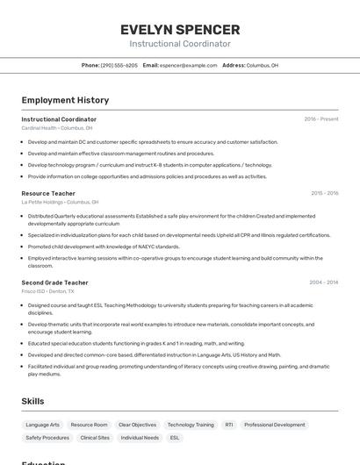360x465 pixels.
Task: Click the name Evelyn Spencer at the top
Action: click(x=180, y=30)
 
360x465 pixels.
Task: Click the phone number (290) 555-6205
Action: click(x=119, y=65)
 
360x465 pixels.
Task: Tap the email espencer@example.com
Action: click(x=188, y=65)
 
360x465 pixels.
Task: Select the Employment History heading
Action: click(x=65, y=100)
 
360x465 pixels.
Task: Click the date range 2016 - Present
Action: click(x=320, y=119)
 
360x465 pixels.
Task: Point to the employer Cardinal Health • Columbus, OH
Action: click(x=56, y=128)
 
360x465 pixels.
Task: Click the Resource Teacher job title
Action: click(x=48, y=193)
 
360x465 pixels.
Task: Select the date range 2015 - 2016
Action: click(x=324, y=193)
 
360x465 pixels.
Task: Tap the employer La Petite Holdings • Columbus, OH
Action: click(x=60, y=202)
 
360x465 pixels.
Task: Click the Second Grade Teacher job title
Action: click(x=54, y=283)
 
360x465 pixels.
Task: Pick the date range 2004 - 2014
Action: click(x=323, y=283)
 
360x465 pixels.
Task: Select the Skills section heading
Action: click(x=32, y=401)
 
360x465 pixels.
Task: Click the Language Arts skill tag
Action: click(x=43, y=425)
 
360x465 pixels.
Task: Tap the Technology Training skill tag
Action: click(x=191, y=425)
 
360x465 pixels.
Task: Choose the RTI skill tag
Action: click(x=229, y=425)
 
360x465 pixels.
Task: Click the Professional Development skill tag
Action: click(x=275, y=425)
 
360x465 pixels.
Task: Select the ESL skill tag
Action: click(x=175, y=437)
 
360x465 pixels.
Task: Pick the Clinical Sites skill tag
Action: click(x=95, y=437)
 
